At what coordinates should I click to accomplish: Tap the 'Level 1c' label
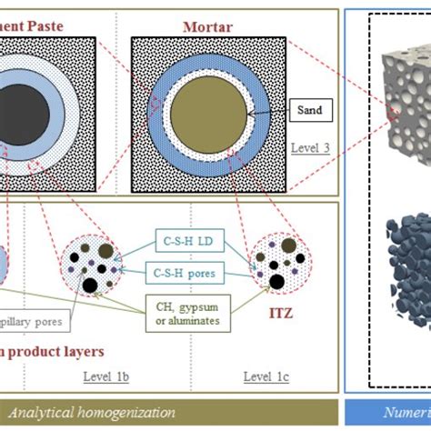click(263, 375)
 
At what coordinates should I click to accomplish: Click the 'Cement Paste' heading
click(36, 26)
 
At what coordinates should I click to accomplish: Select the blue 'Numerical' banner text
click(406, 410)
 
